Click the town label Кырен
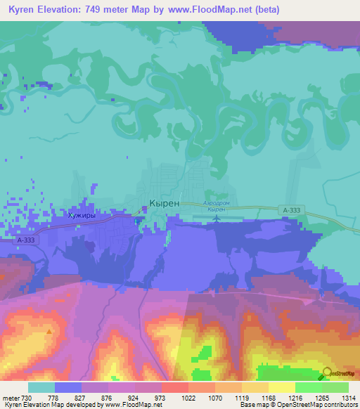point(164,202)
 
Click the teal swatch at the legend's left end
point(41,387)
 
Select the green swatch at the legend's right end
point(335,387)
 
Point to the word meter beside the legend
point(10,397)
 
